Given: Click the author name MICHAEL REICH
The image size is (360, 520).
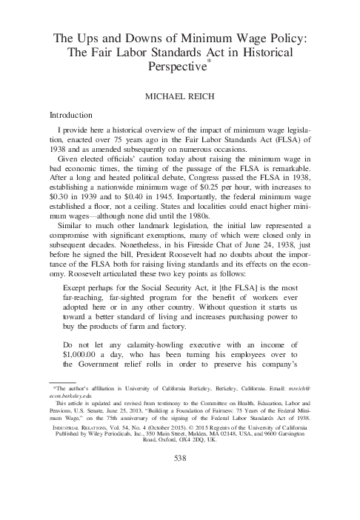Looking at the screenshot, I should coord(180,96).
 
